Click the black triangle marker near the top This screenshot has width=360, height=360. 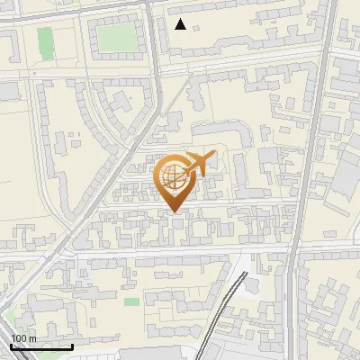point(181,24)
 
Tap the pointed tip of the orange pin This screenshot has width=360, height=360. point(175,211)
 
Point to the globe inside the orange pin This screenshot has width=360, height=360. point(173,176)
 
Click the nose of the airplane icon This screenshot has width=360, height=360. point(213,156)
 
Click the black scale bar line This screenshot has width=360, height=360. point(41,346)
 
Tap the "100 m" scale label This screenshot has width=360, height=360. point(23,338)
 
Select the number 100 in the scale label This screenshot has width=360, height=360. point(19,338)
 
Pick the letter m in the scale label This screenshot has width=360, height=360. point(31,338)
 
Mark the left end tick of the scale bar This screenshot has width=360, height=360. point(11,345)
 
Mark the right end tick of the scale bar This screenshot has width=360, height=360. point(72,345)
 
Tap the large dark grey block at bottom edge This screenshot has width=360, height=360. point(162,353)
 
